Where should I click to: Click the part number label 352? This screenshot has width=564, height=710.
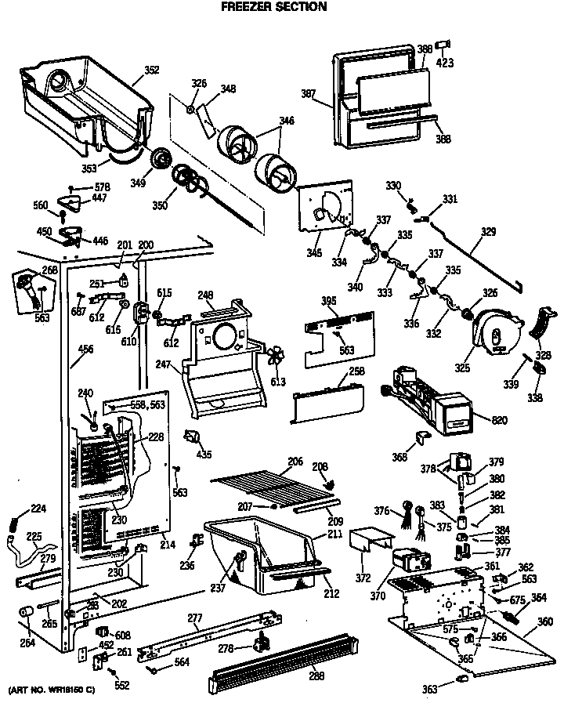point(151,70)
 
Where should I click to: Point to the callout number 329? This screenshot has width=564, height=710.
point(489,231)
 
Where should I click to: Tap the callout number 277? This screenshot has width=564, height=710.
point(194,619)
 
